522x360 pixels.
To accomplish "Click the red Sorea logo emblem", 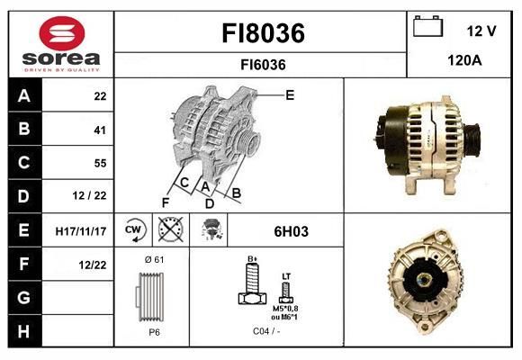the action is click(62, 33).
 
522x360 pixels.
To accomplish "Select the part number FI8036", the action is click(263, 33).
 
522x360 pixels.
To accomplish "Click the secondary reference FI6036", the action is click(263, 65).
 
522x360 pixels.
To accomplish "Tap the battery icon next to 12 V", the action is click(427, 26).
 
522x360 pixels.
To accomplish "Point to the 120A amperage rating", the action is click(464, 60).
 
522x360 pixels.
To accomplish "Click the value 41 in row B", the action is click(100, 130).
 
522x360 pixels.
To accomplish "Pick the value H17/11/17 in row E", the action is click(81, 231).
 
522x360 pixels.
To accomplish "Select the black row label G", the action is click(24, 297).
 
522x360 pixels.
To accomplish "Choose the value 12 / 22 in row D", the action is click(90, 195).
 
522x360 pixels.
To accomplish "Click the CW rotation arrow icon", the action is click(134, 229).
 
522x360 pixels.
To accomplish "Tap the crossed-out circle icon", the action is click(170, 229).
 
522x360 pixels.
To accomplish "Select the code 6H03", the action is click(291, 231).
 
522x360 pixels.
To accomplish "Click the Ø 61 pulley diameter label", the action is click(154, 260).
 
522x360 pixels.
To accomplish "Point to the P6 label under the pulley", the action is click(154, 332).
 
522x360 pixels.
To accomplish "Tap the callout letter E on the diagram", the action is click(290, 95).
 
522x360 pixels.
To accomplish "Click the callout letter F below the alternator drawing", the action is click(166, 202).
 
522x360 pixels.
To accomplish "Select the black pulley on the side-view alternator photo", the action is click(472, 139).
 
